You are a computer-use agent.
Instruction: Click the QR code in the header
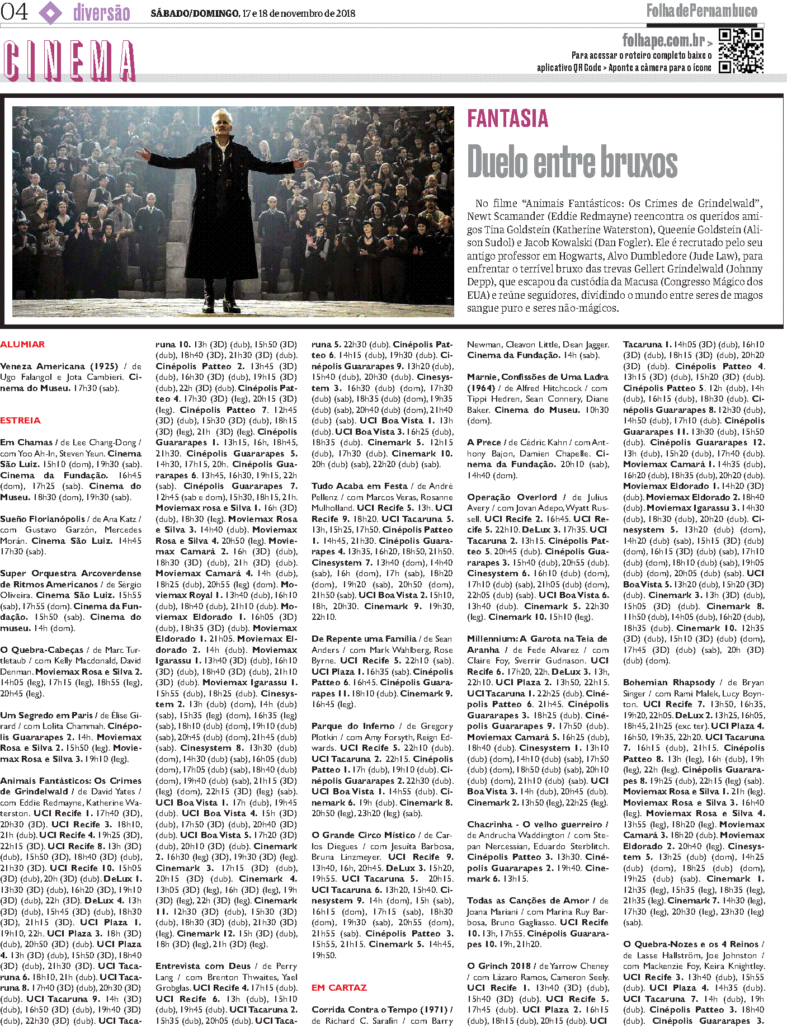pyautogui.click(x=741, y=51)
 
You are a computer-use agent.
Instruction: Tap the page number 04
pyautogui.click(x=15, y=12)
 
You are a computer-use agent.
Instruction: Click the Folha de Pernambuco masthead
pyautogui.click(x=701, y=11)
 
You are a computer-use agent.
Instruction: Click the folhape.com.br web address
pyautogui.click(x=663, y=40)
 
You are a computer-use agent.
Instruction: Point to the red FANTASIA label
pyautogui.click(x=507, y=119)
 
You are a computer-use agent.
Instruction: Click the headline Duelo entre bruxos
pyautogui.click(x=572, y=162)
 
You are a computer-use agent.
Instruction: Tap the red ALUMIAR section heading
pyautogui.click(x=22, y=345)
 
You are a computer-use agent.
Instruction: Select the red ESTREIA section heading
pyautogui.click(x=20, y=421)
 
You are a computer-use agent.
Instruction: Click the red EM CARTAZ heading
pyautogui.click(x=339, y=988)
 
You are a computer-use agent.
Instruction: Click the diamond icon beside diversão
pyautogui.click(x=51, y=12)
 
